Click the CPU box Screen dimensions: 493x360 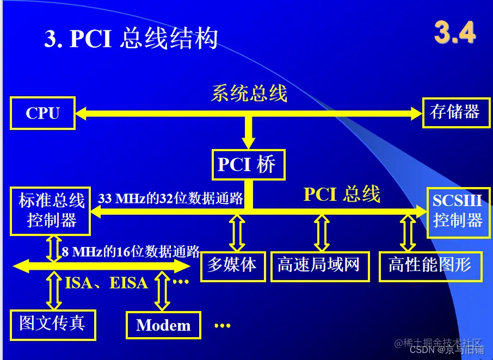click(x=43, y=113)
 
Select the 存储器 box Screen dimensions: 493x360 click(x=456, y=113)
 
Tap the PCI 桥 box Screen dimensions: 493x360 click(x=248, y=165)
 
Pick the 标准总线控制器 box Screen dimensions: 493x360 click(x=50, y=211)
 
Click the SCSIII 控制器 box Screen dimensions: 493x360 click(x=459, y=212)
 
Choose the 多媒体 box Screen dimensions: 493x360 click(x=233, y=266)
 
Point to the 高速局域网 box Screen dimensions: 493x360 click(x=320, y=266)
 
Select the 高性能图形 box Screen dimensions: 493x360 click(x=431, y=266)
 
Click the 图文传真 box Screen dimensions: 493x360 click(x=53, y=325)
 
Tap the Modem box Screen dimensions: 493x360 click(x=163, y=325)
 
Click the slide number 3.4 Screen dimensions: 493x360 click(x=455, y=32)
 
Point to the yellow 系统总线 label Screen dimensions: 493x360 click(x=249, y=94)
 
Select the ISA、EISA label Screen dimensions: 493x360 click(x=106, y=283)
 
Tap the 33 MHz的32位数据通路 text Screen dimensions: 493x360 click(x=170, y=198)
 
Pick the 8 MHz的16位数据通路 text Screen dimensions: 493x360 click(x=131, y=251)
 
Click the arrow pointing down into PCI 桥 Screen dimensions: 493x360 click(x=249, y=133)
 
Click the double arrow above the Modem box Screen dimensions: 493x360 click(x=162, y=291)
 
